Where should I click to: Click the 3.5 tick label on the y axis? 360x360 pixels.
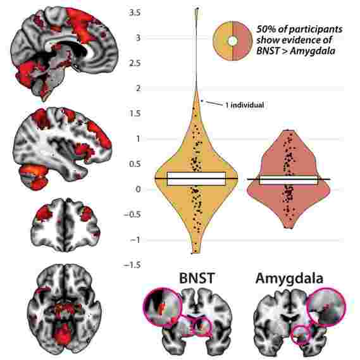click(135, 13)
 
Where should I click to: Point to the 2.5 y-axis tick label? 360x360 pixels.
click(135, 63)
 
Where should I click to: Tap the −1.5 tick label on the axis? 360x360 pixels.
click(132, 265)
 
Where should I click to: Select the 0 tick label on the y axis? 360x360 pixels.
click(138, 190)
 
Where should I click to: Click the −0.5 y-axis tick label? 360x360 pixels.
click(132, 215)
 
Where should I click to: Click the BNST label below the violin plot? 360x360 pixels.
click(197, 278)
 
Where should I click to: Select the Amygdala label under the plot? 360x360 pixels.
click(289, 279)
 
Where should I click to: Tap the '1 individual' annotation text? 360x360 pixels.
click(245, 105)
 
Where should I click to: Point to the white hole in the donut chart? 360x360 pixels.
click(233, 41)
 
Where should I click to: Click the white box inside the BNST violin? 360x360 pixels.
click(197, 178)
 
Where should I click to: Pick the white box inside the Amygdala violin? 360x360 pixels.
click(289, 180)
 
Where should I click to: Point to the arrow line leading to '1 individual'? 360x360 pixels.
click(213, 103)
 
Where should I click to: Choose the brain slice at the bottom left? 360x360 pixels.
click(65, 309)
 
